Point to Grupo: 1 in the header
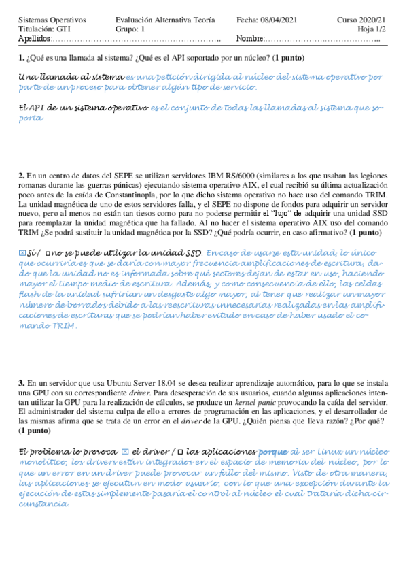point(130,30)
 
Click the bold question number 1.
point(22,57)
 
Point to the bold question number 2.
point(22,176)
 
